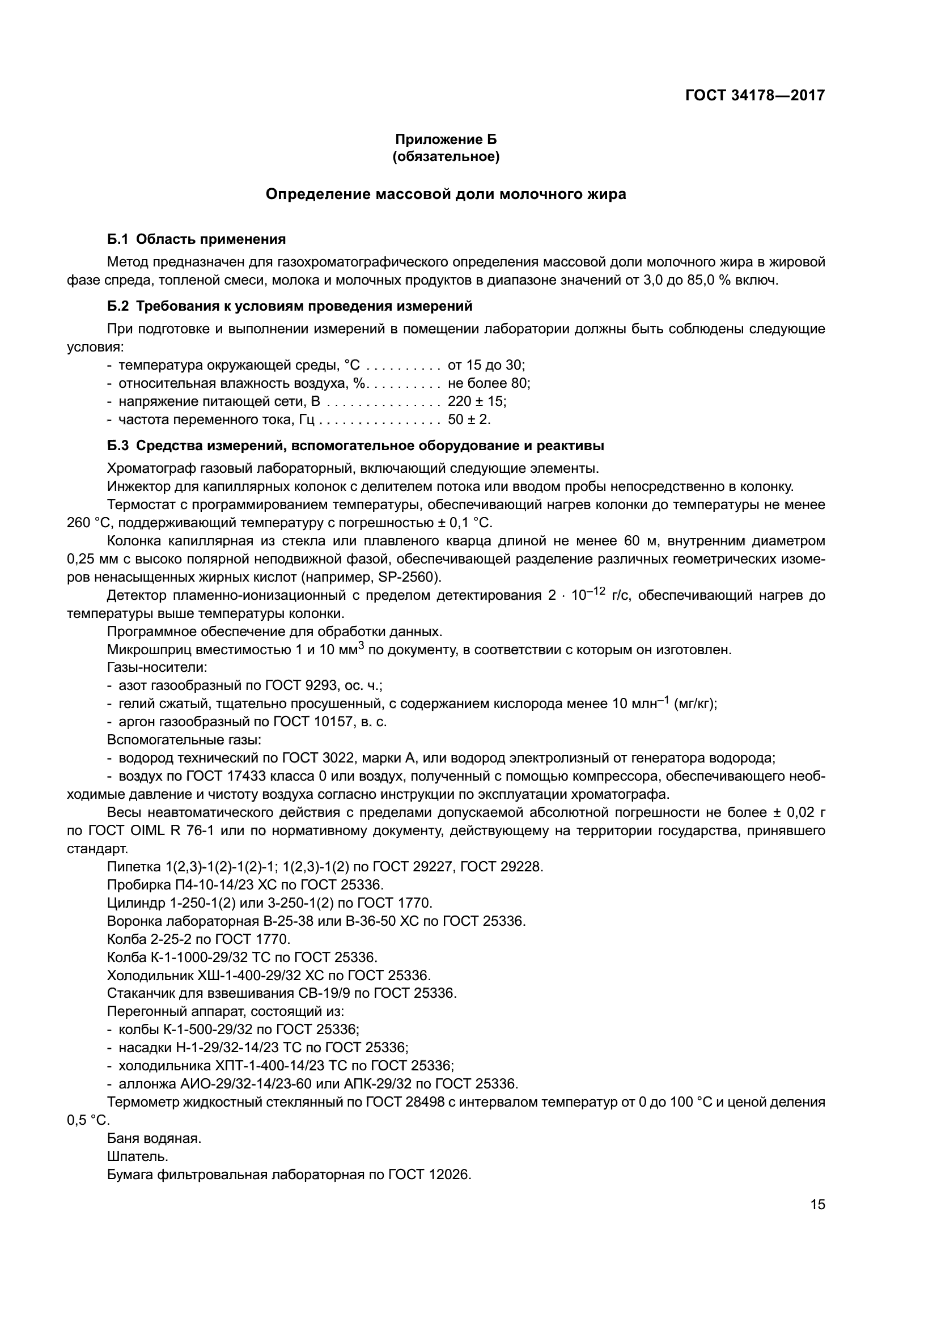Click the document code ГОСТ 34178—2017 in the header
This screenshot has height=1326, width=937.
tap(754, 95)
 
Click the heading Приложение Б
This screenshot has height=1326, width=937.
tap(446, 139)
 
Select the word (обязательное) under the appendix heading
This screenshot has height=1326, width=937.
tap(446, 156)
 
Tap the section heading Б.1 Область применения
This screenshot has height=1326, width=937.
tap(196, 239)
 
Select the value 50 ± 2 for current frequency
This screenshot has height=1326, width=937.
tap(469, 420)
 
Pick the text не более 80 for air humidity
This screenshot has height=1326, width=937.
tap(489, 383)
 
